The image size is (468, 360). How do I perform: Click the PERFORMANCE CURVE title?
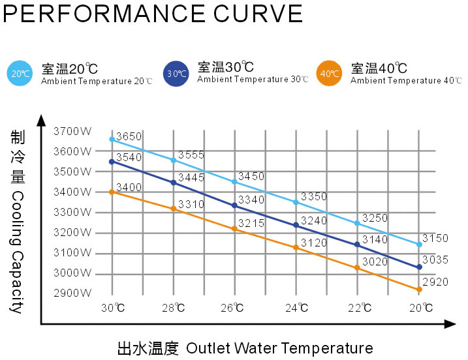tap(153, 14)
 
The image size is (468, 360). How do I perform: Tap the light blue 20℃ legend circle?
tap(19, 74)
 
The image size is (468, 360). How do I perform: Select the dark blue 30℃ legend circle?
tap(176, 74)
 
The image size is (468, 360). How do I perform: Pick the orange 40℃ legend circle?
tap(328, 74)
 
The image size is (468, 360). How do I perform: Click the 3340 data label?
tap(251, 200)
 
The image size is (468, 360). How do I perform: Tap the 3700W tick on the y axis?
tap(72, 131)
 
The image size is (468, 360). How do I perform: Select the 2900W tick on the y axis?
tap(72, 293)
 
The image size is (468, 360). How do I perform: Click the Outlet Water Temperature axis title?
tap(245, 348)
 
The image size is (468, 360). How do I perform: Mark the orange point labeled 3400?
tap(112, 192)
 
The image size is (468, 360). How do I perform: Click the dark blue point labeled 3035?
tap(419, 267)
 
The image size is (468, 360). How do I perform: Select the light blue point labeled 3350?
tap(296, 203)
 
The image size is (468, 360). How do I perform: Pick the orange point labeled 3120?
tap(296, 247)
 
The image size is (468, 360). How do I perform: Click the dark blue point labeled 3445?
tap(174, 183)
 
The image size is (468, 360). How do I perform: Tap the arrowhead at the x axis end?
tap(450, 323)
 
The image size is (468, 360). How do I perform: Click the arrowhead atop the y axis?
tap(42, 120)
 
